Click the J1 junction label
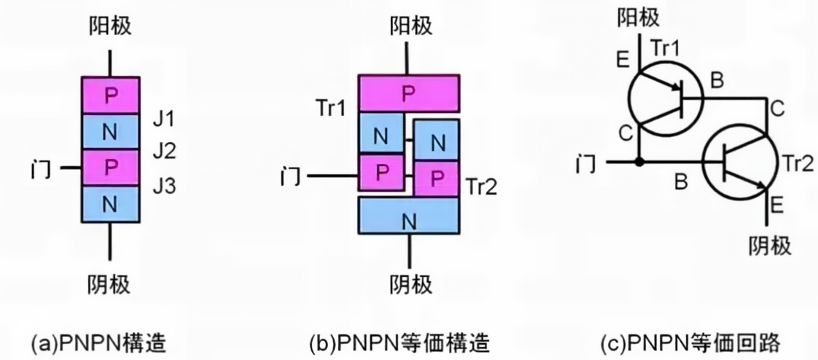point(163,120)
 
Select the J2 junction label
point(164,152)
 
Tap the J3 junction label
point(164,186)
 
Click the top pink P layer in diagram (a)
point(110,95)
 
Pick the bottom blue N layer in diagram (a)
point(110,204)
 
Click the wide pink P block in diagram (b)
point(409,93)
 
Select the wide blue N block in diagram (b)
point(409,215)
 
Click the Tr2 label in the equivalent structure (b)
point(481,187)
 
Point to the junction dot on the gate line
point(639,163)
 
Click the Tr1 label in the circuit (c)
point(666,49)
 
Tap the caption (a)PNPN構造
point(99,343)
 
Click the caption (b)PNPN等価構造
point(400,343)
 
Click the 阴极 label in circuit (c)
point(770,245)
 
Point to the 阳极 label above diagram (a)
point(110,25)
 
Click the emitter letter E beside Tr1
point(623,60)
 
